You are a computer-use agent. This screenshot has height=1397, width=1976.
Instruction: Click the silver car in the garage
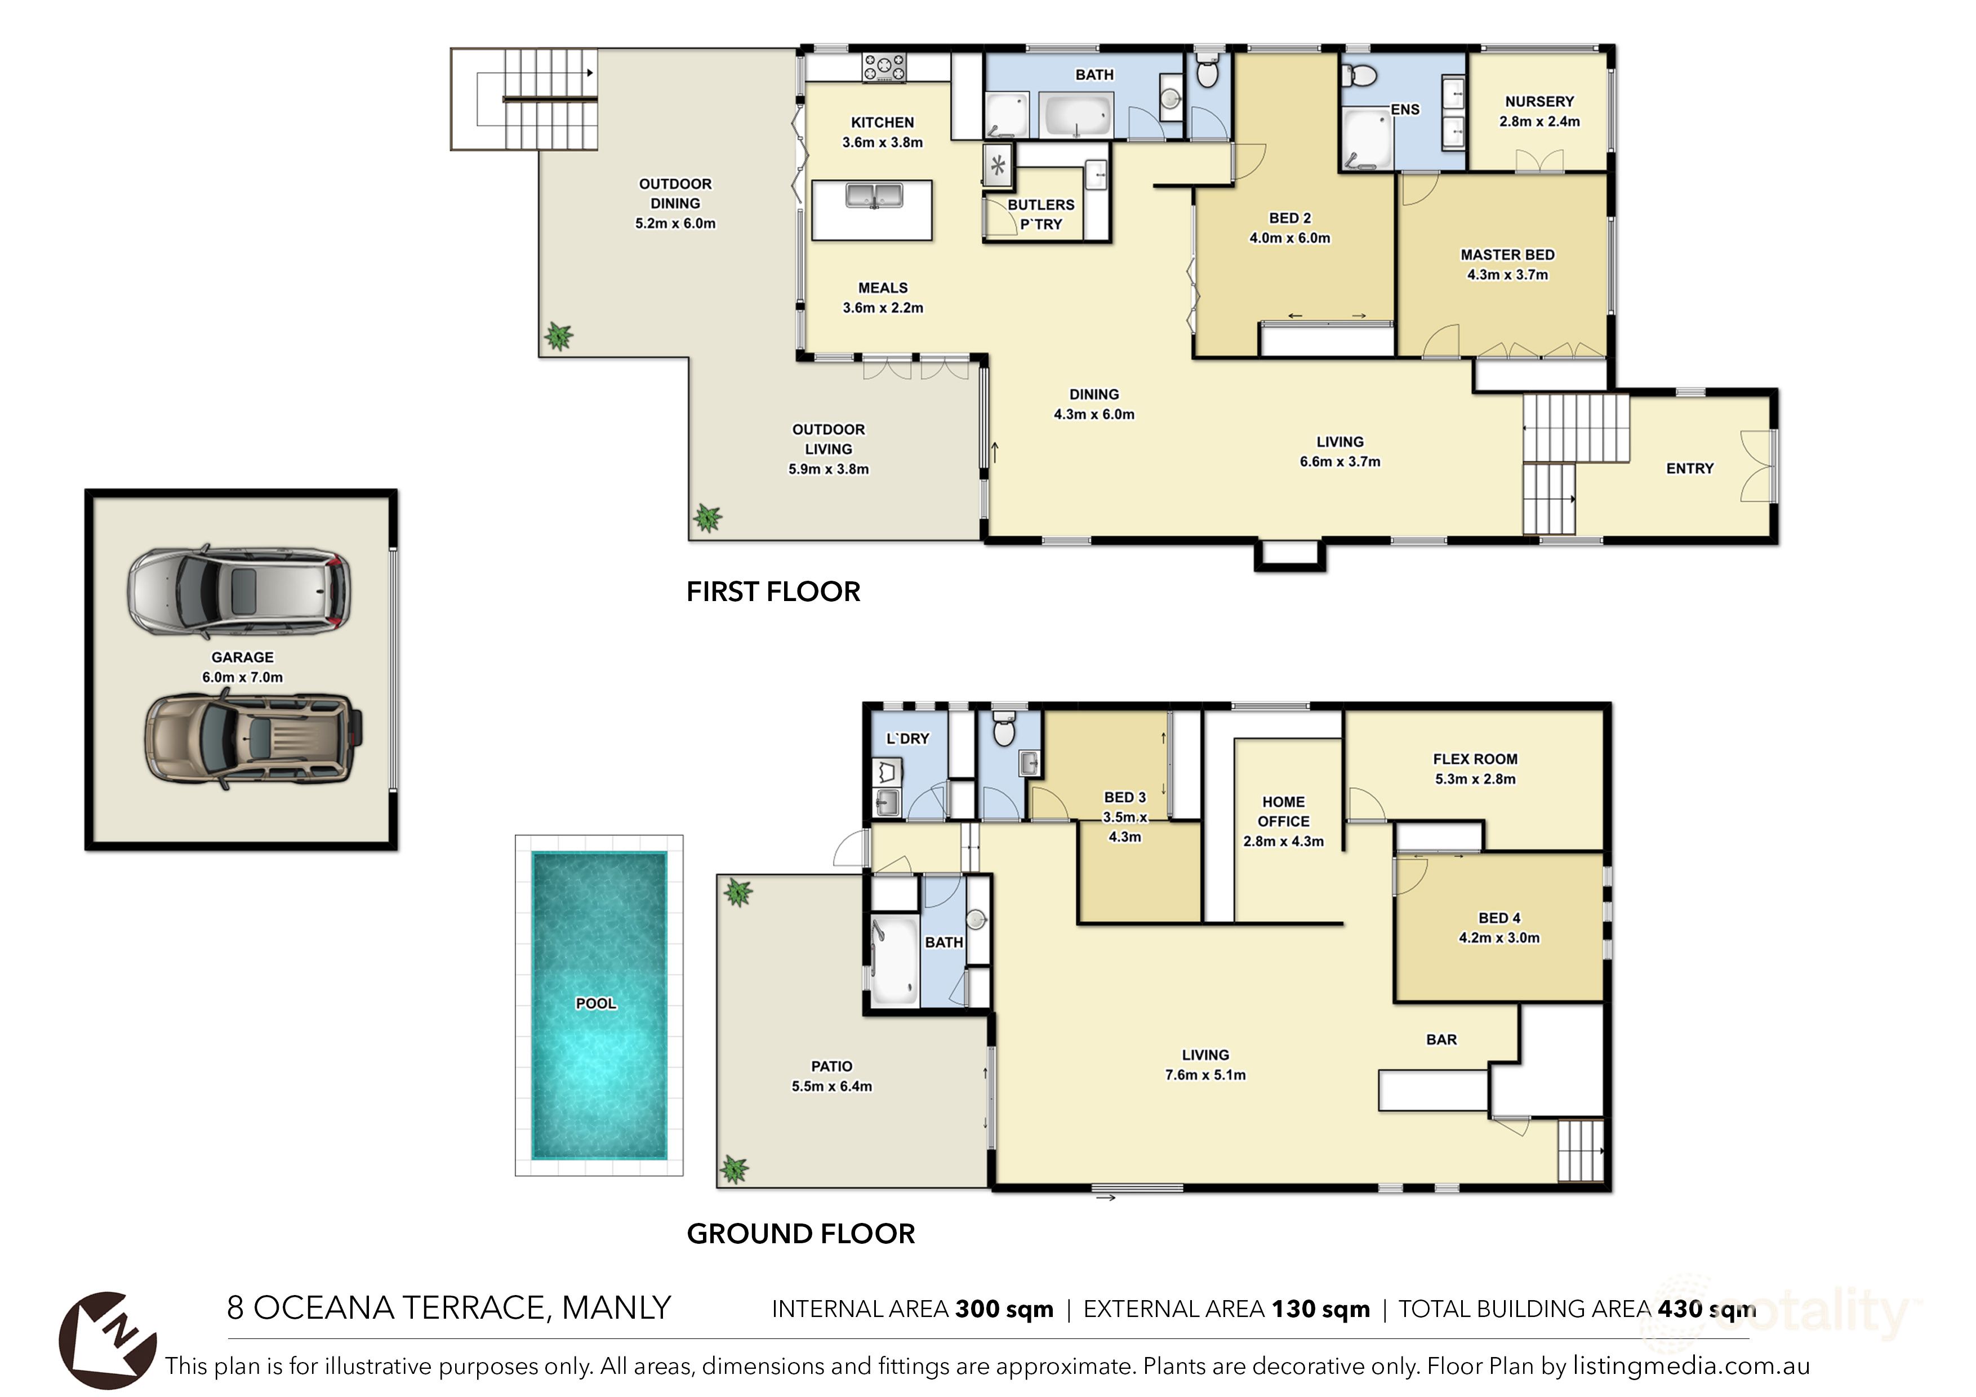(x=239, y=592)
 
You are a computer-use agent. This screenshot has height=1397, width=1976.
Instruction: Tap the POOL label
(x=595, y=1004)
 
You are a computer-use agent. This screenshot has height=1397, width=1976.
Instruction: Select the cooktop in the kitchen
(x=885, y=67)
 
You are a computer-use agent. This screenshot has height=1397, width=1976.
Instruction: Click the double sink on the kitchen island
(x=874, y=196)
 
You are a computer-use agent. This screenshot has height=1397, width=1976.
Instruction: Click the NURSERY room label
(x=1539, y=101)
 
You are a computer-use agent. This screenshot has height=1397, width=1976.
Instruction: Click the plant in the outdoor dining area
(x=559, y=336)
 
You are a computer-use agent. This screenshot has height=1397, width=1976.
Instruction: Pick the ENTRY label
(x=1689, y=468)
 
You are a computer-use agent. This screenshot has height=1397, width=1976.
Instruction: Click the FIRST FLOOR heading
(x=773, y=592)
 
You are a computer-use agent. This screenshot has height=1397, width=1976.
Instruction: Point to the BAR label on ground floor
(x=1441, y=1040)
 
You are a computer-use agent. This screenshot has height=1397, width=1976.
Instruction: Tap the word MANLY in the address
(x=616, y=1309)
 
